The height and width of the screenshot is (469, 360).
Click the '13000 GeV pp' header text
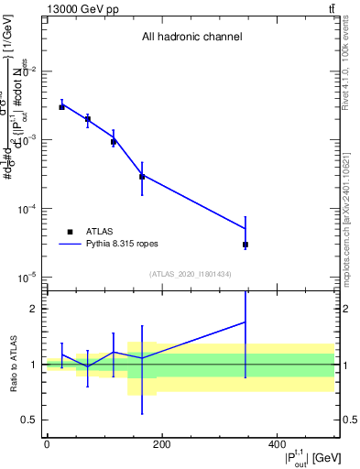pyautogui.click(x=80, y=8)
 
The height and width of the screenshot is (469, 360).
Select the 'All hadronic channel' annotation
pyautogui.click(x=191, y=38)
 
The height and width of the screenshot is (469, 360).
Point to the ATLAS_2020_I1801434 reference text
pyautogui.click(x=191, y=274)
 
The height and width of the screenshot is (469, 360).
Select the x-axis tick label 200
pyautogui.click(x=161, y=444)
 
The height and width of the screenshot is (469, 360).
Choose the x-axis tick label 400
pyautogui.click(x=277, y=444)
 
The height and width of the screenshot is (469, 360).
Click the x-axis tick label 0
pyautogui.click(x=47, y=444)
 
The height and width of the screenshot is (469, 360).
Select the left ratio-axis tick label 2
pyautogui.click(x=35, y=309)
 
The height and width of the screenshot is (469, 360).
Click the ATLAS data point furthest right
pyautogui.click(x=245, y=245)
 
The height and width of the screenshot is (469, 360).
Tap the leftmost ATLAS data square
pyautogui.click(x=61, y=107)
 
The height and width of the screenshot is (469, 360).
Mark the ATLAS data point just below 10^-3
pyautogui.click(x=114, y=142)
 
